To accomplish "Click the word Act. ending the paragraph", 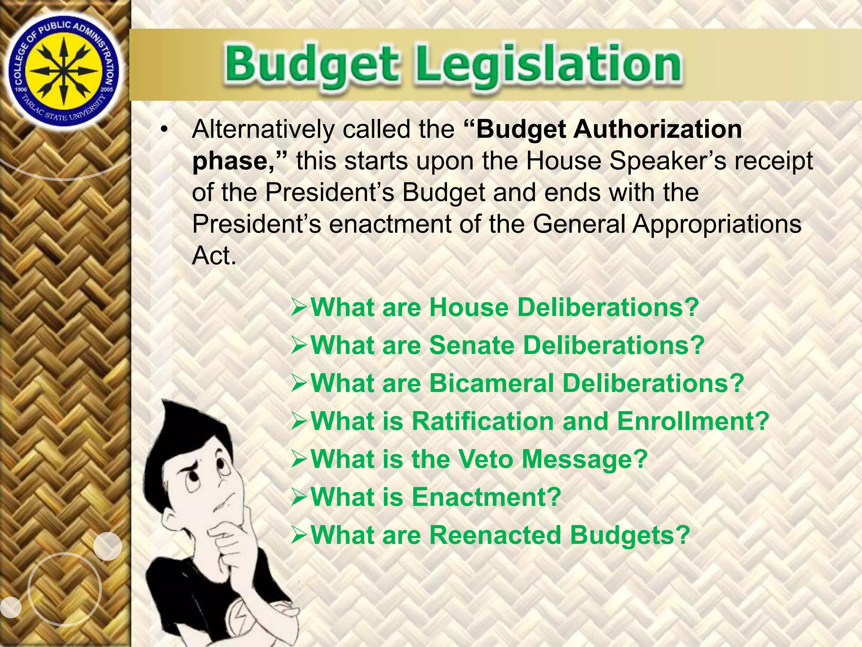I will click(214, 255).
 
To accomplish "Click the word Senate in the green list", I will click(472, 345).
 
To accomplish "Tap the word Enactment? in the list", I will click(487, 497).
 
